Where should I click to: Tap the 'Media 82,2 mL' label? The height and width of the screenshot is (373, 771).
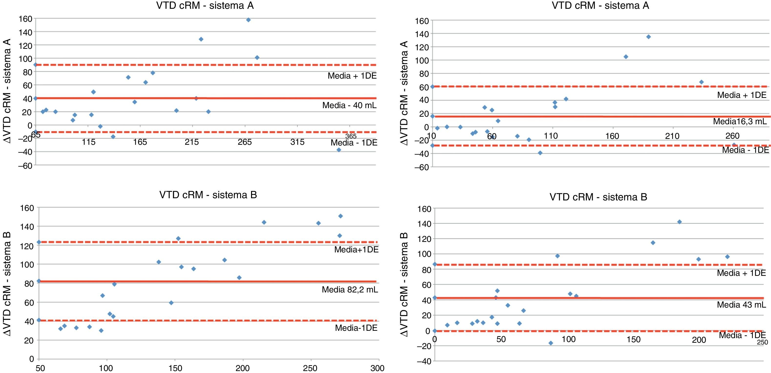point(349,290)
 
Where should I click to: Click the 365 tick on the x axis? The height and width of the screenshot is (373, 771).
point(351,136)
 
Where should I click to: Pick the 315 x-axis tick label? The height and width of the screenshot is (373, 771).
point(297,142)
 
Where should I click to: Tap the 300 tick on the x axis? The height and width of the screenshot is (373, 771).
point(377,368)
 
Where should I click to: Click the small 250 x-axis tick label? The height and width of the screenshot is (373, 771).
point(762,342)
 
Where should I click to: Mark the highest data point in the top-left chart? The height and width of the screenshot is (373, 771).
point(248,20)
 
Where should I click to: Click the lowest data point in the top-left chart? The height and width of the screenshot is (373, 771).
point(339,150)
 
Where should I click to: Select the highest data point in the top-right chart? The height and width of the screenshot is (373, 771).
point(649,37)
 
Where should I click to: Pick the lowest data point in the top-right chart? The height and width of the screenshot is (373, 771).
point(540,153)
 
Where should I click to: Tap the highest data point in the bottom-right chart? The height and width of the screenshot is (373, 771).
point(679,222)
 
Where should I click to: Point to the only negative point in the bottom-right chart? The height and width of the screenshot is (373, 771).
point(551,343)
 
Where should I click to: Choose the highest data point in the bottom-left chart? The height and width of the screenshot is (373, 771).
point(340,216)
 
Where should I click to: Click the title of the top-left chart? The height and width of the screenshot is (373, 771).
point(205,6)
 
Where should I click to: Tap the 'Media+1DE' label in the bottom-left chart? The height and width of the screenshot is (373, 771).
point(356,249)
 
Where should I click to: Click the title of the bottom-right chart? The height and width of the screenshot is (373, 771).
point(598,197)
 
